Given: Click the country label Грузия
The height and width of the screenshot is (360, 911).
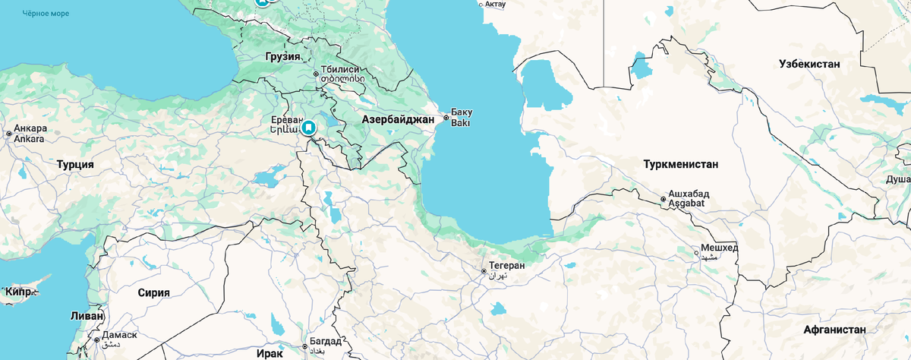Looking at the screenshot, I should [x=283, y=57].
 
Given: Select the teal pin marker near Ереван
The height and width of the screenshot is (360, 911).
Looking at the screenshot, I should [x=309, y=127].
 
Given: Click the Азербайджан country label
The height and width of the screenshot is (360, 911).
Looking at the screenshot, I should [x=398, y=119].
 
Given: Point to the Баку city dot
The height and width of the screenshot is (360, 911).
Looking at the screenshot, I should [x=446, y=118].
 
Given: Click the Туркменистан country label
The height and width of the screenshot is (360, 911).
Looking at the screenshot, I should [x=680, y=164].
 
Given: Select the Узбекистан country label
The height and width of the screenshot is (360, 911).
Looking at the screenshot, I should [x=809, y=64].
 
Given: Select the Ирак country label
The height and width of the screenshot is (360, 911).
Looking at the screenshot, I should [x=269, y=354].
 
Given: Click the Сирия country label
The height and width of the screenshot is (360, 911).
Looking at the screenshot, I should [x=153, y=292].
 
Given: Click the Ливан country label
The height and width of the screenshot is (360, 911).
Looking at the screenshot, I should [x=86, y=315].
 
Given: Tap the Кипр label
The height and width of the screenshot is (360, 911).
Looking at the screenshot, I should [x=18, y=292].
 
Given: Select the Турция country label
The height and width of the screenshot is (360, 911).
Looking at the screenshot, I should [x=75, y=164].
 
